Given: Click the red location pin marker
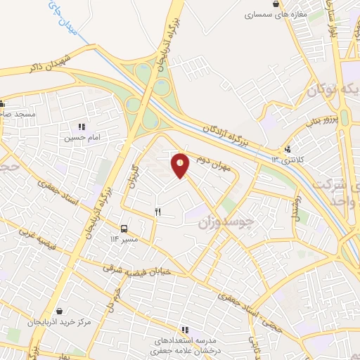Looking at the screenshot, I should point(181,165).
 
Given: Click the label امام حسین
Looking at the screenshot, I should point(82,139).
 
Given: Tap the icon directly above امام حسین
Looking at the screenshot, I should point(82,127).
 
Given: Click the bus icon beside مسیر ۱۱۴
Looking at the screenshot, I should point(124,229).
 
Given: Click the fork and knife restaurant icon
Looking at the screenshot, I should point(158,211).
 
